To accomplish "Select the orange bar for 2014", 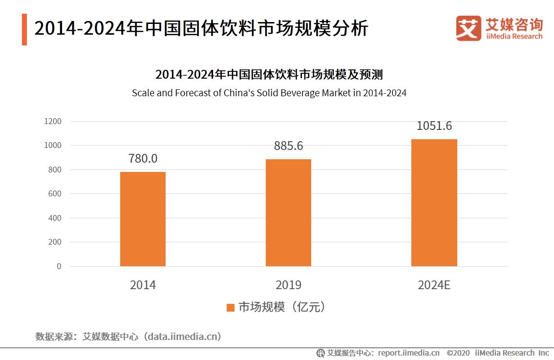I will click(143, 219).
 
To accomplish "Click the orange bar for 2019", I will click(288, 212).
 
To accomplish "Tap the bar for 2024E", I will click(434, 203).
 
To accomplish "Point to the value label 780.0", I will click(143, 159).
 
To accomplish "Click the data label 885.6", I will click(288, 146).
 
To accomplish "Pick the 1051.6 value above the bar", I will click(434, 126).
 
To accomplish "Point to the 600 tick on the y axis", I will click(55, 194).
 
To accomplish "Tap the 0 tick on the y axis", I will click(59, 266).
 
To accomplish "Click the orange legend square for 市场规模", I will click(231, 307).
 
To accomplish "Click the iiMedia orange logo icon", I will click(469, 28).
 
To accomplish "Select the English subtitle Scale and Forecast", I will click(269, 93).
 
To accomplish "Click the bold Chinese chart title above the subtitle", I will click(269, 75).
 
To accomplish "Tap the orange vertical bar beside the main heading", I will click(24, 30).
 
